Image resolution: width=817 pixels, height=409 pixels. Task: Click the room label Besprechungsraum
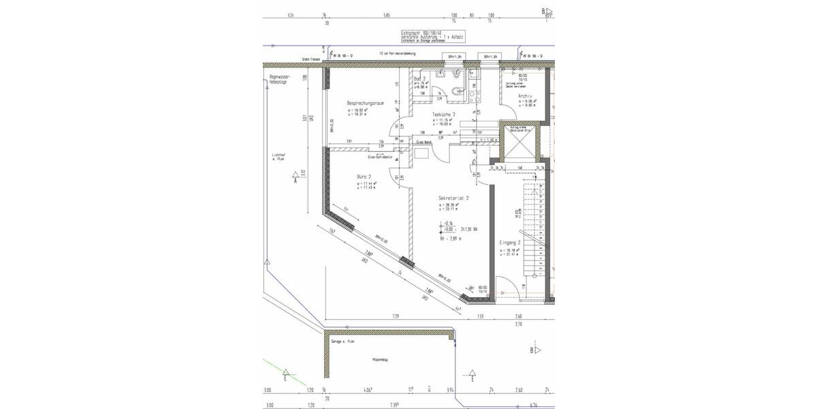(x=366, y=103)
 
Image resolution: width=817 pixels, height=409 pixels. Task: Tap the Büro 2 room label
(x=364, y=176)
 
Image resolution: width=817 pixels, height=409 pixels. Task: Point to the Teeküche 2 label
(x=444, y=115)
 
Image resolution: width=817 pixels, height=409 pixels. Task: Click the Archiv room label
(x=524, y=96)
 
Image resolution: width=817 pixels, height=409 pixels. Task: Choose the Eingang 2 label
(x=511, y=243)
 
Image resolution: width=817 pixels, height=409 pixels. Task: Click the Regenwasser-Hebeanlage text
(x=280, y=79)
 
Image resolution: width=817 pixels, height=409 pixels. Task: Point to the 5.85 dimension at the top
(x=387, y=14)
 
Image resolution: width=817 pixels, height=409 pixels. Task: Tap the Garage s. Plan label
(x=342, y=341)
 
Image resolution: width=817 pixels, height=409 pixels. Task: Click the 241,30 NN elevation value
(x=470, y=229)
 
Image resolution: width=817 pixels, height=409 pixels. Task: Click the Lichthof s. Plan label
(x=278, y=159)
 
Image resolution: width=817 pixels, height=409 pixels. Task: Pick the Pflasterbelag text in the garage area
(x=379, y=359)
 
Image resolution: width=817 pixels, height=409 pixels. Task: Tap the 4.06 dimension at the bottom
(x=367, y=391)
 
